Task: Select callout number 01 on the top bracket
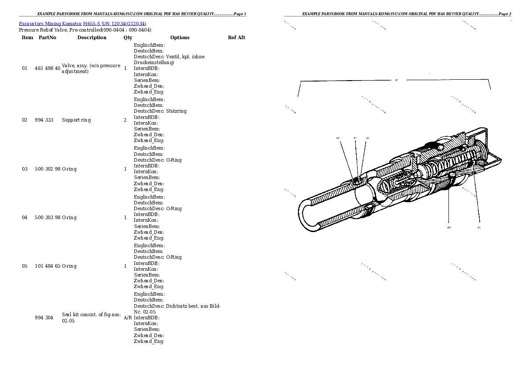point(396,81)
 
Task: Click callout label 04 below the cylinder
point(449,228)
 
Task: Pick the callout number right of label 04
point(479,228)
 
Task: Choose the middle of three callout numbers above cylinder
point(355,138)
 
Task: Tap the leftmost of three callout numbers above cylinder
point(338,138)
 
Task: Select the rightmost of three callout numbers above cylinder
point(368,138)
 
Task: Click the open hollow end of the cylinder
point(307,216)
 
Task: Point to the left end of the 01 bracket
point(298,95)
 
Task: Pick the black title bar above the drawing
point(397,16)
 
